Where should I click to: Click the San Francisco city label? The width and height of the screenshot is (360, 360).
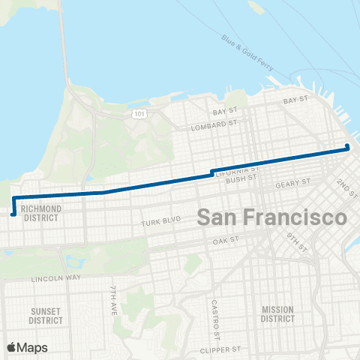coord(271,217)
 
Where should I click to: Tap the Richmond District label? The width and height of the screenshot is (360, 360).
coord(41,214)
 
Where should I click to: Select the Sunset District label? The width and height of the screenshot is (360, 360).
coord(45,315)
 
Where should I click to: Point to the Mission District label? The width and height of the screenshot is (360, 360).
coord(278,314)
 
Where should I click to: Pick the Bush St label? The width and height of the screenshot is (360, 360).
coord(241,180)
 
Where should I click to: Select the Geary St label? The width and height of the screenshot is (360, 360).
coord(292,182)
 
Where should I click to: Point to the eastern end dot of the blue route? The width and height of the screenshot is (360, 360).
coord(348,146)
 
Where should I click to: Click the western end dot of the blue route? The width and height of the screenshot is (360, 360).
coord(13,214)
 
